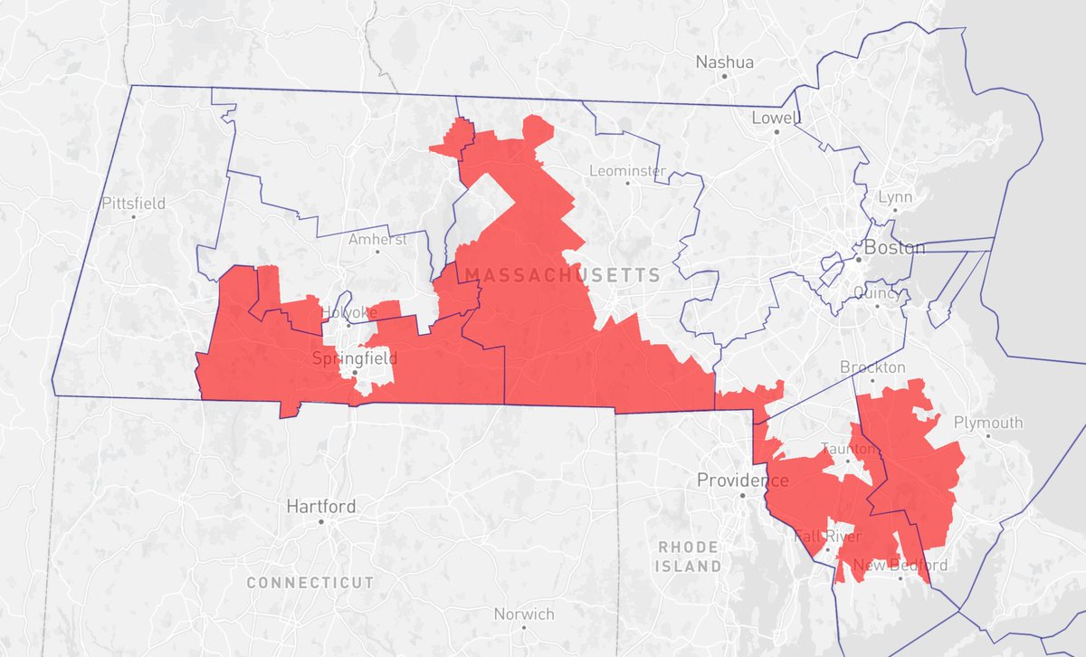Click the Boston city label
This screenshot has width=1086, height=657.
895,248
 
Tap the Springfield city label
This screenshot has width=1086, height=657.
355,358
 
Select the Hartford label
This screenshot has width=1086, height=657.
320,506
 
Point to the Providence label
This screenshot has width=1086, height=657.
742,481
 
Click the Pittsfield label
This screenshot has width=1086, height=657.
133,203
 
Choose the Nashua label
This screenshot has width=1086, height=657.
724,62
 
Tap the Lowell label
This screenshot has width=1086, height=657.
776,119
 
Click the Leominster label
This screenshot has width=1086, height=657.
627,170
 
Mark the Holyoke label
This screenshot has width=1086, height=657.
348,312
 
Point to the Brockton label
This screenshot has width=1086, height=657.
872,367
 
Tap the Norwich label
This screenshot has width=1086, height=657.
524,614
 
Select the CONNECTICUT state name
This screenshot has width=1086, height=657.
310,582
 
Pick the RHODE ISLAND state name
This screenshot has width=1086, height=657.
689,557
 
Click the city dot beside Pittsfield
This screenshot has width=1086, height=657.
133,217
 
